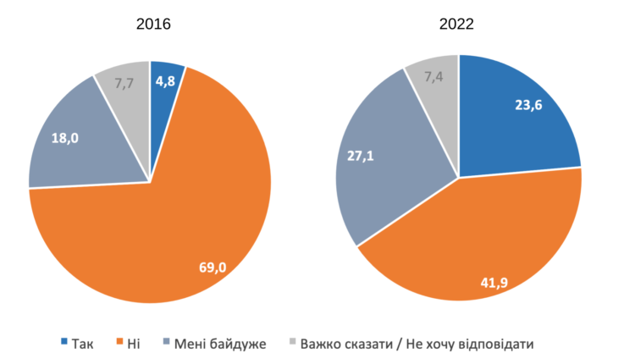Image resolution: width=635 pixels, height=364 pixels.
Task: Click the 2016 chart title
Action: pos(153,24)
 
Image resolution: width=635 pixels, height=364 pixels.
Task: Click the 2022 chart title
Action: pos(456,24)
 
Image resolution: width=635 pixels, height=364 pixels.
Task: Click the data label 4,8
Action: pos(165,82)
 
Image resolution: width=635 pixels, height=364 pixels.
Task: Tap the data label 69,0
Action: pos(212,267)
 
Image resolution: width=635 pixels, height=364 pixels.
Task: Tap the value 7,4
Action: pos(434,78)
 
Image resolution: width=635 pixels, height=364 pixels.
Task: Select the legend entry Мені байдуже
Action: pos(219,343)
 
